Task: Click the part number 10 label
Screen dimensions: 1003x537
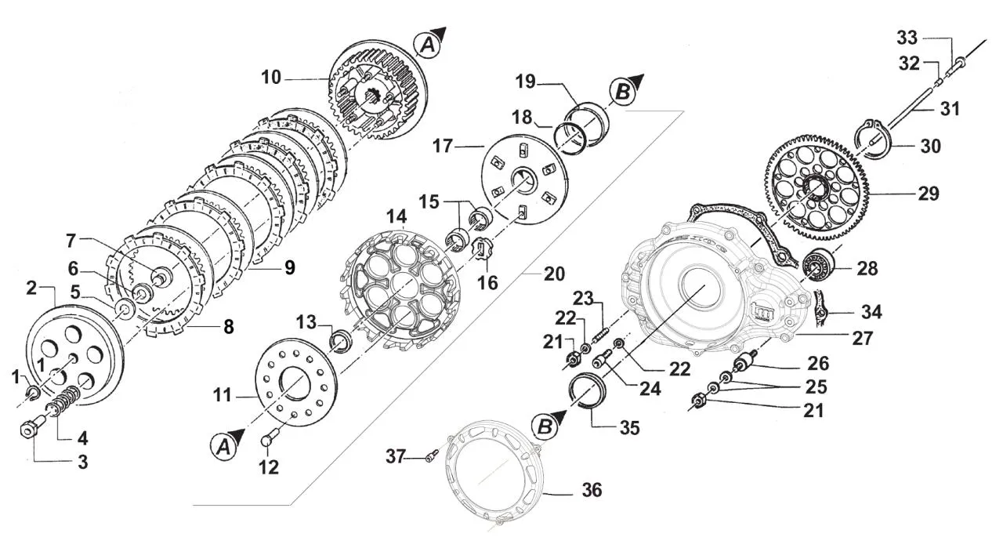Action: click(271, 77)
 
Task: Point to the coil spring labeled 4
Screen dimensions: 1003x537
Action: click(65, 401)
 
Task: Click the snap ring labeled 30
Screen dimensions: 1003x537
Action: click(874, 140)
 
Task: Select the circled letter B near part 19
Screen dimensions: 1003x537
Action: click(622, 93)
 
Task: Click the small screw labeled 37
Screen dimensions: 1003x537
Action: click(432, 456)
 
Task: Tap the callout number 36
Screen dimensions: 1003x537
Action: click(592, 489)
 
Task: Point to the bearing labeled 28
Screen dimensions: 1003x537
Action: click(817, 263)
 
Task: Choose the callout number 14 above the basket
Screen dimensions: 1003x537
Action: click(396, 217)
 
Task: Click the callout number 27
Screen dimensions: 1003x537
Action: click(863, 338)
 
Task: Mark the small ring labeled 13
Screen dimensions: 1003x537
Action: click(341, 339)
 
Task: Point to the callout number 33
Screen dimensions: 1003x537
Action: click(907, 38)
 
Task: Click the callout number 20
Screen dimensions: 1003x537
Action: click(554, 274)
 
